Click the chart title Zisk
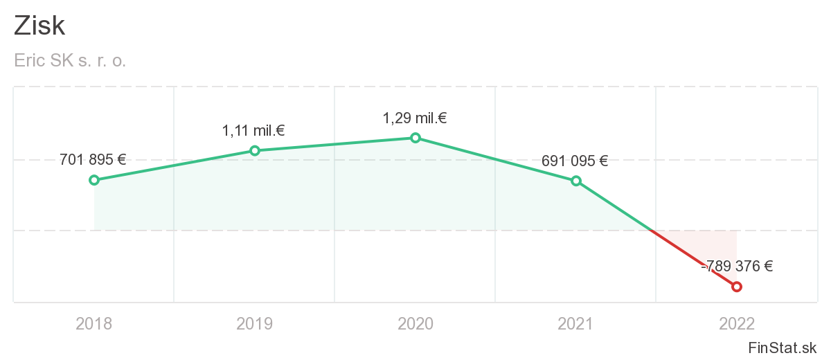pos(39,26)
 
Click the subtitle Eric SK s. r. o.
pos(70,61)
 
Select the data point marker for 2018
pos(94,180)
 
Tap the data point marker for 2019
pos(255,150)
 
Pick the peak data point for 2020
pos(415,138)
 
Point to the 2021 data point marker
pos(576,181)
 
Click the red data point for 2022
pos(737,287)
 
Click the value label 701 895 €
pos(93,160)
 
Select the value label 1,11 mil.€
pos(253,130)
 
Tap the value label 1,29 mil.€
pos(415,118)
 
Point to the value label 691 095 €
pos(575,161)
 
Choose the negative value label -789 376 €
pos(737,266)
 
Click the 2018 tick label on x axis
pos(94,323)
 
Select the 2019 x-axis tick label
pos(255,323)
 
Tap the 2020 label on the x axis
pos(415,323)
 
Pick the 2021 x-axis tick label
pos(576,323)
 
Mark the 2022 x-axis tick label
pos(737,323)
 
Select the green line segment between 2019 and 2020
pos(335,144)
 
